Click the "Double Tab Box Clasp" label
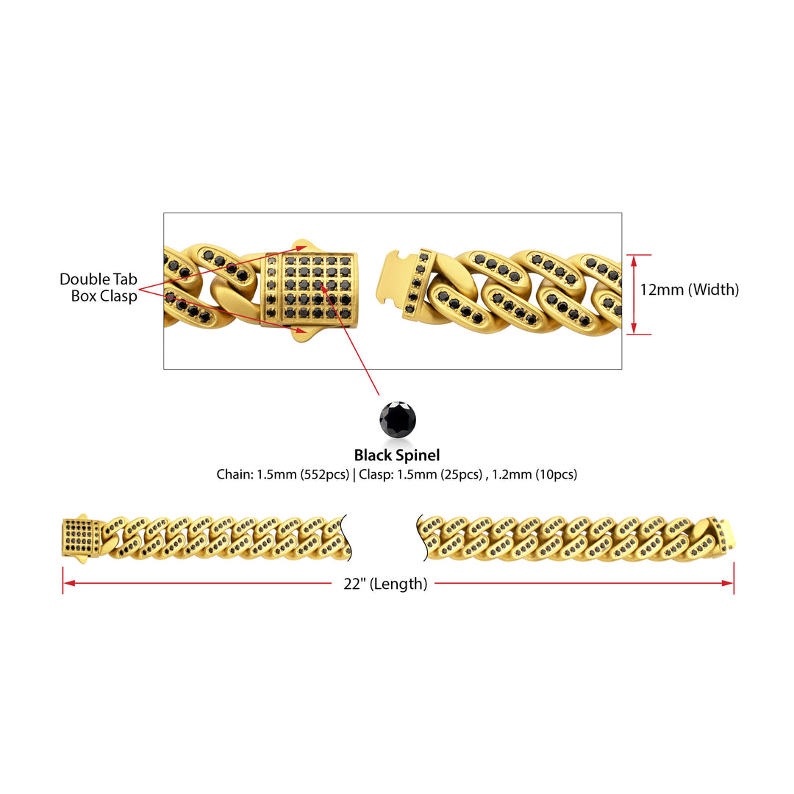pos(99,287)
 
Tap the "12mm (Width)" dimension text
pos(689,290)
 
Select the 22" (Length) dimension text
pos(385,584)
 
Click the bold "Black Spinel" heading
pos(396,455)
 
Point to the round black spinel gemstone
pos(398,419)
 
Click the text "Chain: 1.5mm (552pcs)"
pos(282,474)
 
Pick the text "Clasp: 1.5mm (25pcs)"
pos(421,474)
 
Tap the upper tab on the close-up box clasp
pos(304,246)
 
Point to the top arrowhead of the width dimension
pos(634,260)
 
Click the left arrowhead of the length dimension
pos(69,583)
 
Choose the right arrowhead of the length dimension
pos(727,583)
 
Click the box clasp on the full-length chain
pos(81,537)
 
